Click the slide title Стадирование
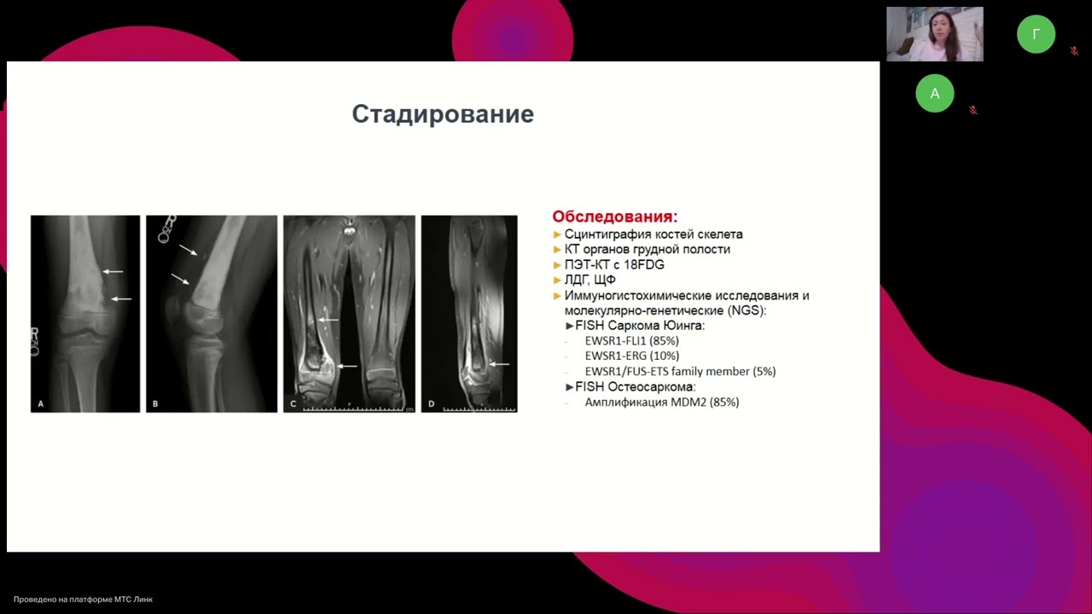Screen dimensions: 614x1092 (443, 114)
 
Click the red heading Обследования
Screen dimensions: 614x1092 (614, 217)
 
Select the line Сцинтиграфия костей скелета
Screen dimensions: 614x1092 (653, 234)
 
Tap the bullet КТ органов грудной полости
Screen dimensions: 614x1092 (647, 249)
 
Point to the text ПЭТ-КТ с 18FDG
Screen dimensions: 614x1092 (614, 264)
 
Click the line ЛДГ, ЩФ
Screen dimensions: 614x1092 (590, 280)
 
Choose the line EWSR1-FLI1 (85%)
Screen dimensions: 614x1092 (631, 340)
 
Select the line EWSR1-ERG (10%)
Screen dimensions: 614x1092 (631, 356)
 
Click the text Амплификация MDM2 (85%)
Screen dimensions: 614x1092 (661, 402)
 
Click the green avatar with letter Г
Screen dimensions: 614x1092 (1036, 34)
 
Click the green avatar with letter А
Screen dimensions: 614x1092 (934, 94)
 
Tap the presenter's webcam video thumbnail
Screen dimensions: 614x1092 (934, 34)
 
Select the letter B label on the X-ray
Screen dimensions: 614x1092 (154, 403)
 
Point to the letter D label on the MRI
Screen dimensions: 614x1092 (431, 403)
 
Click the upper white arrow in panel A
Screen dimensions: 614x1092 (113, 271)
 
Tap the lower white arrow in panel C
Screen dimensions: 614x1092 (347, 366)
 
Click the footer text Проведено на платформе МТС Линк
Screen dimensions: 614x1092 (83, 600)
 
